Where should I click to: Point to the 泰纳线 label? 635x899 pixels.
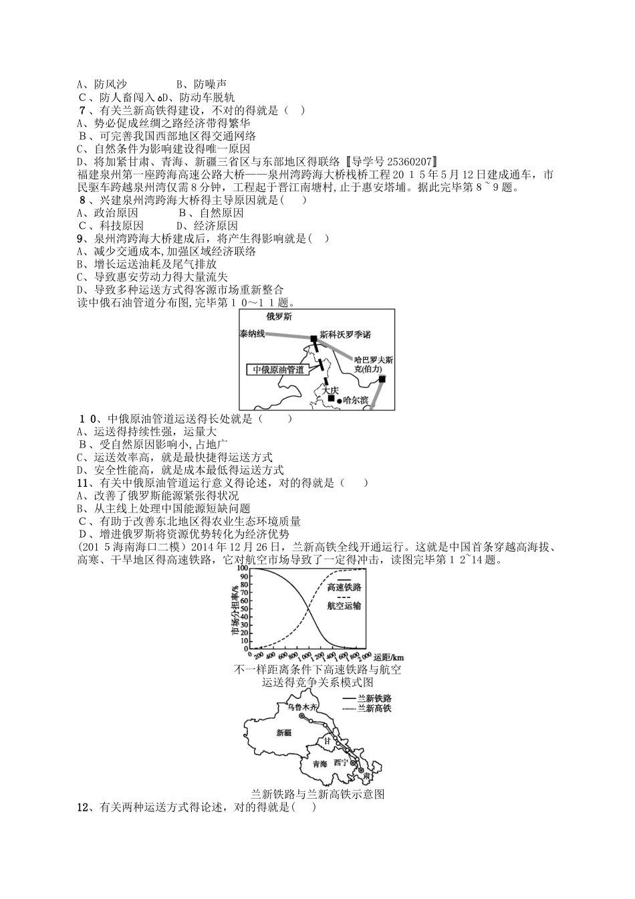click(x=252, y=333)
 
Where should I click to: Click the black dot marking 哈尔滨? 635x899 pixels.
click(x=339, y=400)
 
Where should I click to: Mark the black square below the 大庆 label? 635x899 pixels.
click(x=330, y=399)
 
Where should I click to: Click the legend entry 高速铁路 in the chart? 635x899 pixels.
click(x=344, y=587)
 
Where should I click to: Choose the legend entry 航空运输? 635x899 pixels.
click(x=344, y=605)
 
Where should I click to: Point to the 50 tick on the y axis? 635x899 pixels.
click(x=245, y=609)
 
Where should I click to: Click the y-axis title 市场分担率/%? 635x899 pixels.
click(x=235, y=609)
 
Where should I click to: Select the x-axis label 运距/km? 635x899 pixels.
click(x=388, y=656)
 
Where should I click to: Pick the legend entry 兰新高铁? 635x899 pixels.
click(x=374, y=708)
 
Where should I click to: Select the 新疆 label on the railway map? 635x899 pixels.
click(x=284, y=732)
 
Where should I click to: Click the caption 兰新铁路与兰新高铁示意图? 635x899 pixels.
click(x=317, y=795)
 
